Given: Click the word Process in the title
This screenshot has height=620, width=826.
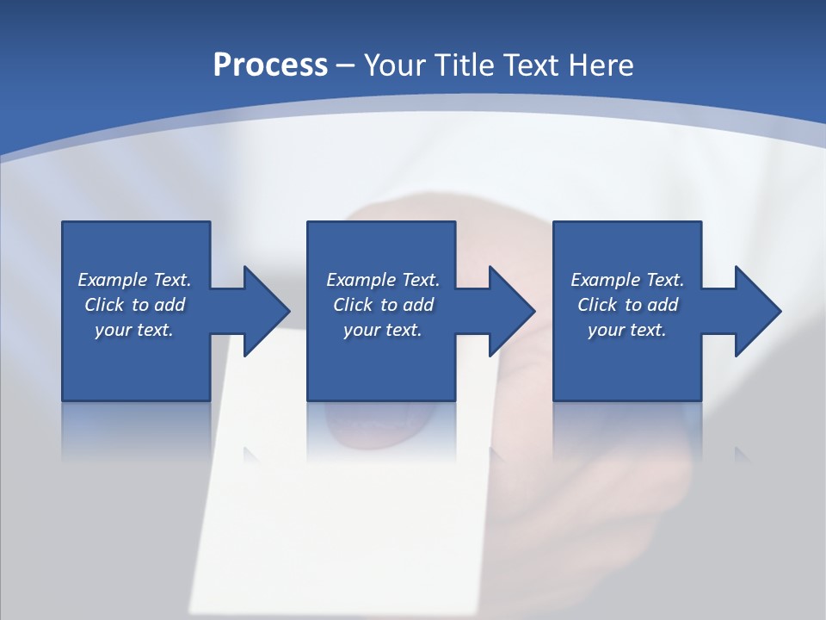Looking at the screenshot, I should point(270,65).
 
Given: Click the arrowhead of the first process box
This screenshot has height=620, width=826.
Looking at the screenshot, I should point(263,311).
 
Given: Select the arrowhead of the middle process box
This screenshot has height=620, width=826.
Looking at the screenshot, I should point(509,311).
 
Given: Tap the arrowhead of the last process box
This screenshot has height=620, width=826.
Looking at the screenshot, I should point(755,311).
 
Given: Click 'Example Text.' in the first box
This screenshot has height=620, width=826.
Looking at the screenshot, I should point(134,280).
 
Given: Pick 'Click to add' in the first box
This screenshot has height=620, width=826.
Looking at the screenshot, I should point(134,305).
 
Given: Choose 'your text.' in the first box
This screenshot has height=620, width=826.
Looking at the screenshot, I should point(134,330).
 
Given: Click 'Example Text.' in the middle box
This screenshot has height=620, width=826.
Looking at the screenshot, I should point(383,280).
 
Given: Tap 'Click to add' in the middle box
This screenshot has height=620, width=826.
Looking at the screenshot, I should point(383,305).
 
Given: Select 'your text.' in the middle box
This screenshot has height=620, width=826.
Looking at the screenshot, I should point(383,330).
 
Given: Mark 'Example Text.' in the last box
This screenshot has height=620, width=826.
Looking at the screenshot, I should point(627,280).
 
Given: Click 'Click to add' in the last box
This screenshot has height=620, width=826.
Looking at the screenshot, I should point(627,305).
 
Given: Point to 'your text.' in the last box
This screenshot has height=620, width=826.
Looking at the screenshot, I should point(627,330).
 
